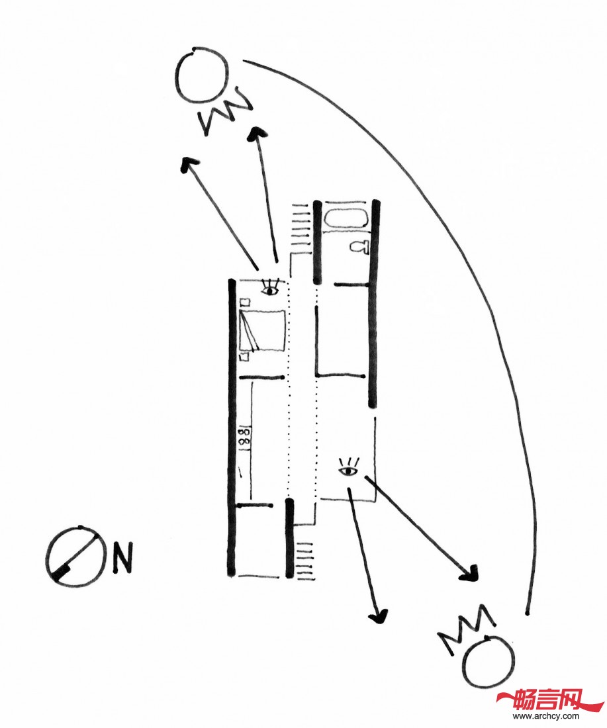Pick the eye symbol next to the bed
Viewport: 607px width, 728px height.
click(269, 288)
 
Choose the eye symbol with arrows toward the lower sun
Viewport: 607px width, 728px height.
click(348, 470)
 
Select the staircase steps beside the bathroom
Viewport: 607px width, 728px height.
click(302, 225)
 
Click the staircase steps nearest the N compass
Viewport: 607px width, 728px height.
click(305, 560)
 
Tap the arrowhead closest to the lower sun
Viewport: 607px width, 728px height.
click(470, 573)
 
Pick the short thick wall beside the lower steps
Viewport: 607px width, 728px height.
click(289, 537)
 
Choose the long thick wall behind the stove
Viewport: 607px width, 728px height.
click(231, 427)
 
